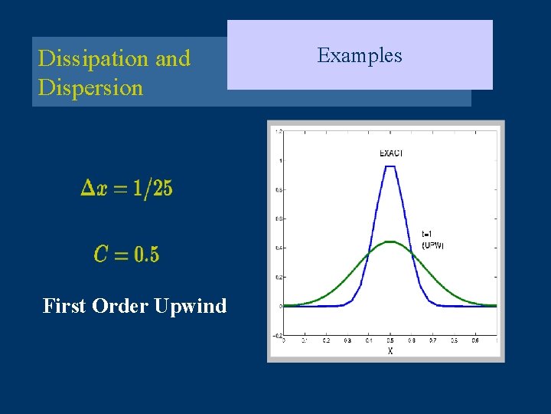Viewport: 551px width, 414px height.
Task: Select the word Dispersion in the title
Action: [90, 87]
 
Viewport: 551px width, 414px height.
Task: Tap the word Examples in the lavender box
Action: [360, 55]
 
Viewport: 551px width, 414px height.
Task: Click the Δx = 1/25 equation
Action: [127, 188]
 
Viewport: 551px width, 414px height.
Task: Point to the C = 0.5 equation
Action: [127, 254]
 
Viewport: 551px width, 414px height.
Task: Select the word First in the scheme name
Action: [64, 306]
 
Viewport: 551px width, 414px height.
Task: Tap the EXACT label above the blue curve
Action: [391, 153]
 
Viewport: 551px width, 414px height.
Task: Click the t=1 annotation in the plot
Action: [430, 234]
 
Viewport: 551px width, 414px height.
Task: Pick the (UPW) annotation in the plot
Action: [432, 245]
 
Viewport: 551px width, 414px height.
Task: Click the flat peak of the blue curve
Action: [390, 167]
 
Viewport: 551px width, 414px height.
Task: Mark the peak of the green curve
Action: [390, 242]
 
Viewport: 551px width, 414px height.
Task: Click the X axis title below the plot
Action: [390, 350]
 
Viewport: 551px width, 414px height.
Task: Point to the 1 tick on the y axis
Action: [280, 161]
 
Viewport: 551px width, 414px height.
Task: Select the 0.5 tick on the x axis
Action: [390, 340]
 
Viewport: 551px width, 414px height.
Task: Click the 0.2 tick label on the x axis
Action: [326, 340]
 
